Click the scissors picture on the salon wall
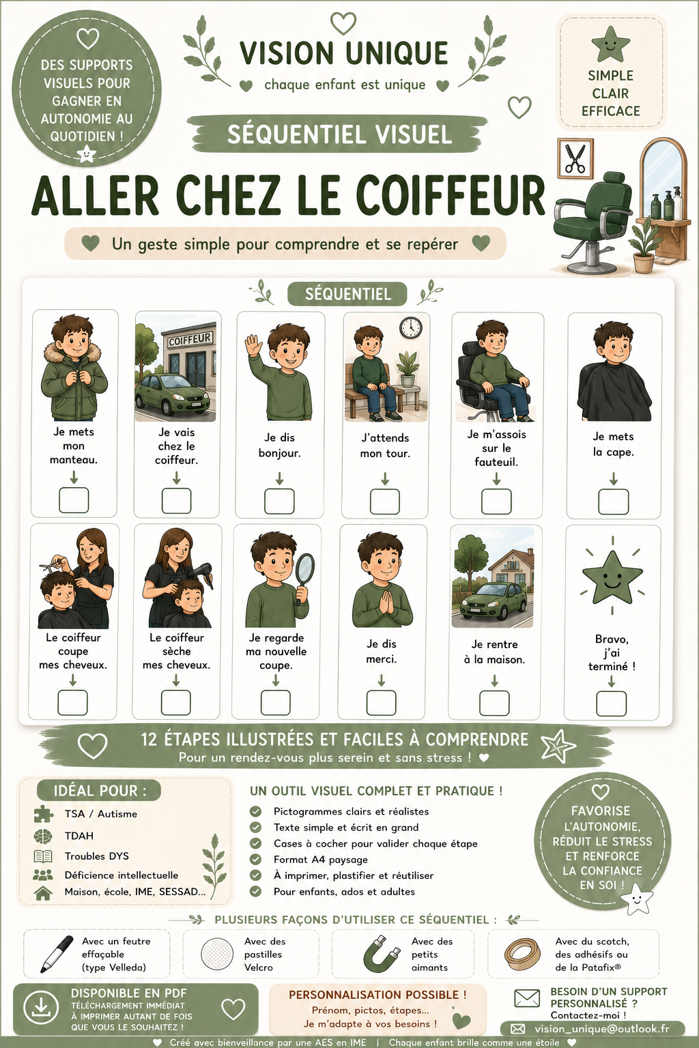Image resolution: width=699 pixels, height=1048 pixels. (x=575, y=158)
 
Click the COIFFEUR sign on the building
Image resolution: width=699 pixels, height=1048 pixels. (x=190, y=339)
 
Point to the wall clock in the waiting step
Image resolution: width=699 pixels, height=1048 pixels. (x=411, y=327)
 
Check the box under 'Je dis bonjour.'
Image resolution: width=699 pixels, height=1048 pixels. (x=279, y=501)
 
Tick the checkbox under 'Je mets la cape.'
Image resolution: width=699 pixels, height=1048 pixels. (x=613, y=501)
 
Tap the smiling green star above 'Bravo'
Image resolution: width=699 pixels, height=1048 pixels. (x=612, y=577)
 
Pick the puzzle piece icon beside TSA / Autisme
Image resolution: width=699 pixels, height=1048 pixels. (x=44, y=813)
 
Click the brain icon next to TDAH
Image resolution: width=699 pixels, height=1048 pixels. (x=43, y=836)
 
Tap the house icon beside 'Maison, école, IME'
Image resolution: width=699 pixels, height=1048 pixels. (x=43, y=892)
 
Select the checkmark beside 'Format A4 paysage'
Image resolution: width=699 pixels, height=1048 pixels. (x=255, y=859)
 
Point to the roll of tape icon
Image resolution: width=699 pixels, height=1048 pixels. (x=522, y=953)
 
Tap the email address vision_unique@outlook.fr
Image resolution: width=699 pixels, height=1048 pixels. (x=602, y=1028)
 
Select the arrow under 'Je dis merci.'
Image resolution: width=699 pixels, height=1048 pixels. (x=382, y=680)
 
